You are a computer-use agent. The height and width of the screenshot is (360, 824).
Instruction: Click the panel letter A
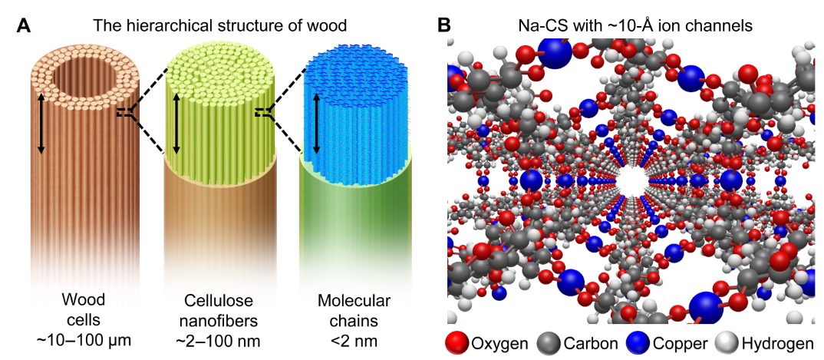click(x=24, y=25)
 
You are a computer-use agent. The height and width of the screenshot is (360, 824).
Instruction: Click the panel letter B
click(x=444, y=25)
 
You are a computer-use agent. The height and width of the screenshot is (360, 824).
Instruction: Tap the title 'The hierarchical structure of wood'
click(x=220, y=25)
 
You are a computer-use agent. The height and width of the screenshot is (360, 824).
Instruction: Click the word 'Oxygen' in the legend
click(x=499, y=343)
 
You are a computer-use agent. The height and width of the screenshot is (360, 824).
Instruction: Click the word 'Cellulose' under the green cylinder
click(x=218, y=299)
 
